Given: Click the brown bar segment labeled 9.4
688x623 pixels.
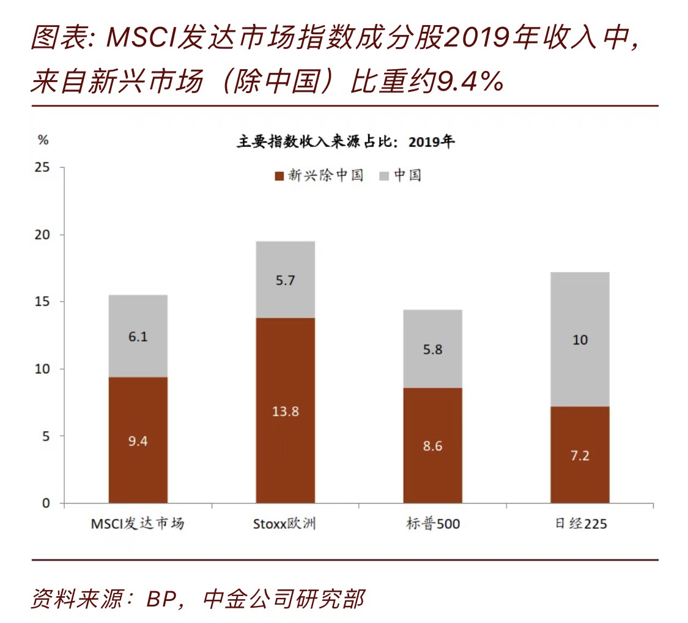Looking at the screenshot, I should pyautogui.click(x=138, y=441).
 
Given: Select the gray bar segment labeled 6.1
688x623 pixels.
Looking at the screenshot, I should pyautogui.click(x=138, y=336).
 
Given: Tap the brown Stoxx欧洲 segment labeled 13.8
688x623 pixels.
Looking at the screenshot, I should pyautogui.click(x=285, y=411).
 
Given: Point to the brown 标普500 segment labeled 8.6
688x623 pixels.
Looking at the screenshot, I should pyautogui.click(x=432, y=446).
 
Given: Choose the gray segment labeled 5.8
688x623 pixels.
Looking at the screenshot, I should pyautogui.click(x=432, y=349).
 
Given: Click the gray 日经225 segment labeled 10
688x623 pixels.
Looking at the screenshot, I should pyautogui.click(x=580, y=339).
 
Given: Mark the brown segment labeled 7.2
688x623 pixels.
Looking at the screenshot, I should pyautogui.click(x=580, y=455).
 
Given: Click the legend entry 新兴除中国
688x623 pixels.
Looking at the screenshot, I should pyautogui.click(x=319, y=176).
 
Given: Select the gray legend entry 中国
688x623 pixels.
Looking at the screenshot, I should pyautogui.click(x=401, y=176).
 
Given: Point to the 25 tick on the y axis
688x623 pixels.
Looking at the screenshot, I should pyautogui.click(x=45, y=168).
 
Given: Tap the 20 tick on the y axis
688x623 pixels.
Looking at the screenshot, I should pyautogui.click(x=45, y=235).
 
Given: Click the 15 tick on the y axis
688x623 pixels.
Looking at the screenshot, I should pyautogui.click(x=45, y=302).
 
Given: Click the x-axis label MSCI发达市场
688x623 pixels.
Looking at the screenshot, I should pyautogui.click(x=138, y=524).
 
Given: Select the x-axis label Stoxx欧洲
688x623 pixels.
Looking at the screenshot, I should pyautogui.click(x=285, y=524).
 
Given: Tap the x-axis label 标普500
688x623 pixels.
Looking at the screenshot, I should pyautogui.click(x=432, y=524).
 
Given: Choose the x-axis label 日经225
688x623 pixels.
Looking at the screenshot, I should pyautogui.click(x=580, y=524).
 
